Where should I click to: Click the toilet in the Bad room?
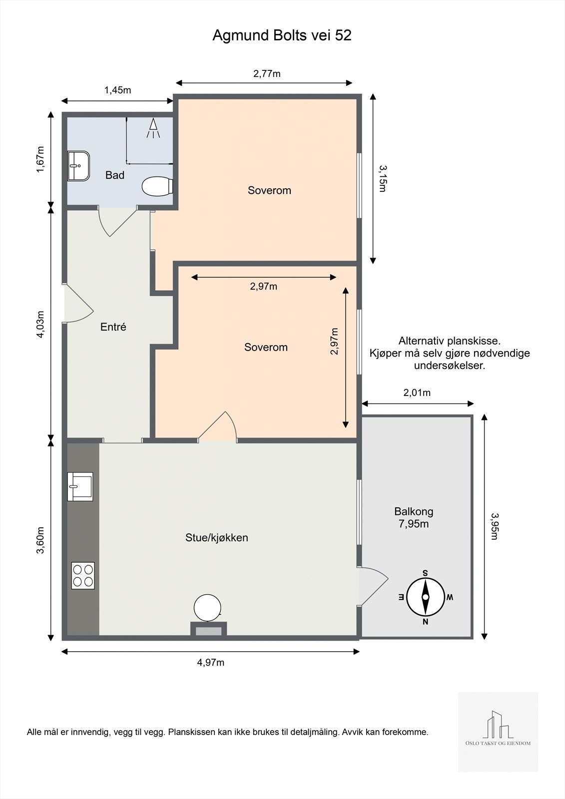157,186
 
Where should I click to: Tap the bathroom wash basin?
78,166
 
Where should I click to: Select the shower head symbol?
153,128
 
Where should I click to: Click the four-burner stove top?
83,575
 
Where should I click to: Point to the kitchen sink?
80,486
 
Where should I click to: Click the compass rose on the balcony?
426,597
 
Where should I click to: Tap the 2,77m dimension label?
267,74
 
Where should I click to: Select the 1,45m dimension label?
117,90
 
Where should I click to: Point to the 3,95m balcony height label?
494,526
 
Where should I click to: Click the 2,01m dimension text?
417,393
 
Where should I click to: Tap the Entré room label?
113,327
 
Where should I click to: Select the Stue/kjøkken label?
217,537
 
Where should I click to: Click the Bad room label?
114,175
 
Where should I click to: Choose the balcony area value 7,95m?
414,524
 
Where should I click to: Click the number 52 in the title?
343,35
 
